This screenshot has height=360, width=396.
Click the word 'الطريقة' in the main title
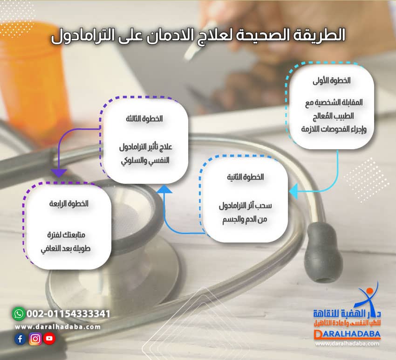click(x=321, y=35)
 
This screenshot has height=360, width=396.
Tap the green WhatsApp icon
click(x=18, y=313)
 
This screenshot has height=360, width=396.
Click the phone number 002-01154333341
click(x=68, y=313)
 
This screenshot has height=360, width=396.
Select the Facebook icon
click(x=20, y=339)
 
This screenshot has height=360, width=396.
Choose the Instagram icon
click(x=35, y=339)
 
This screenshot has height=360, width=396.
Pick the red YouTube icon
click(x=49, y=339)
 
